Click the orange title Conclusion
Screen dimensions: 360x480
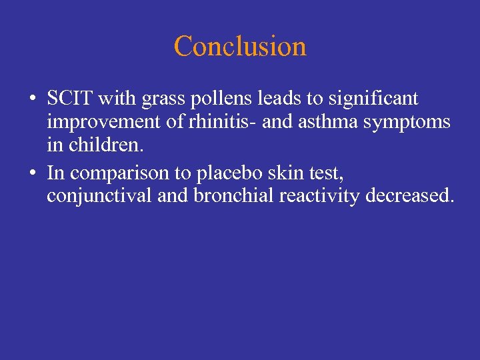240,46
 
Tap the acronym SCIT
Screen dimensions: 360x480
69,99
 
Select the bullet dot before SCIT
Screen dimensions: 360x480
33,100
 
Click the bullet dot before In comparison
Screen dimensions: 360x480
33,173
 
